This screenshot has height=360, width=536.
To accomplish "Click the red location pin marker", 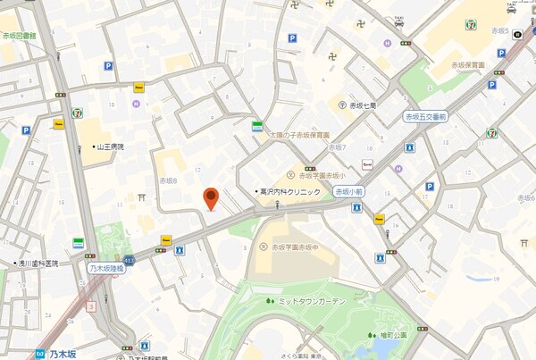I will [x=211, y=199].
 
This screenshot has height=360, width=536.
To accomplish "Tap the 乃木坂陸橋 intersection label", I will [x=106, y=266].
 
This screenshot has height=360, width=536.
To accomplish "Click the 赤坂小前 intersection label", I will [x=348, y=191].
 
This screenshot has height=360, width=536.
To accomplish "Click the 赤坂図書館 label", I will [x=19, y=36].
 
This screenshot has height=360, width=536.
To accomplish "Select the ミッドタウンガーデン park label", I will [x=310, y=302].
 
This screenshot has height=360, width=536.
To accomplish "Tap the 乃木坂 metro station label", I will [x=63, y=354].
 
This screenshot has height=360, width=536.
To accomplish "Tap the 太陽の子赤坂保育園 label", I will [x=303, y=137].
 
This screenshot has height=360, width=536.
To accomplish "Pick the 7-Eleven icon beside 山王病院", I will [x=78, y=113].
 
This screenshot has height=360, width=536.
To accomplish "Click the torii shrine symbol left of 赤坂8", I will [x=141, y=197].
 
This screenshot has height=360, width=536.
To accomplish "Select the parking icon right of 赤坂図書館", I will [x=107, y=65].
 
